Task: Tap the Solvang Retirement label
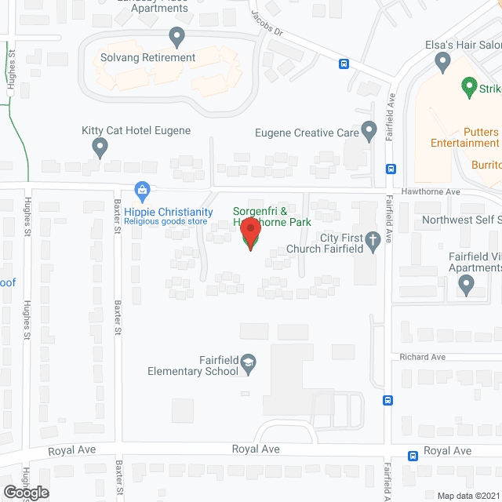click(147, 57)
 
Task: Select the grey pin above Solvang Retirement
click(177, 36)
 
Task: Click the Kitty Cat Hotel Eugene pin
click(100, 147)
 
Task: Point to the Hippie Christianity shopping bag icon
click(142, 189)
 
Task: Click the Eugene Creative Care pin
click(369, 130)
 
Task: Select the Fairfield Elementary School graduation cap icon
click(248, 362)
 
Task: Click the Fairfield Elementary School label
click(192, 366)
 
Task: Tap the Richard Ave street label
click(422, 357)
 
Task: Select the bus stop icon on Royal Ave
click(413, 456)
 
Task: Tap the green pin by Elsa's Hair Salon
click(469, 85)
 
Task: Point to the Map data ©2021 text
click(468, 495)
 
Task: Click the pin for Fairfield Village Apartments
click(467, 286)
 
